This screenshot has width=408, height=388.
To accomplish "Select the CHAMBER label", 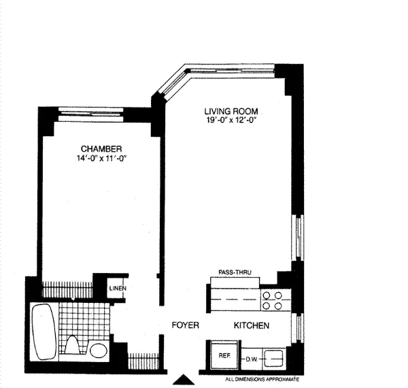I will coord(101,149).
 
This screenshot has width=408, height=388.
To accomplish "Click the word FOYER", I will coord(184,326).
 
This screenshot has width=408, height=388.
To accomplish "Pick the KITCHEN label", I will coord(252,326).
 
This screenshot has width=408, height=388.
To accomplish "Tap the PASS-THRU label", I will coord(235,272).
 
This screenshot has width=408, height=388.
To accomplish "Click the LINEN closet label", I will coord(118,289).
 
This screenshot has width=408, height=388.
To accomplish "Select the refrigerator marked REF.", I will coord(222,355).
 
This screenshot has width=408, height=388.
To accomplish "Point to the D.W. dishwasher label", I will coord(252,355).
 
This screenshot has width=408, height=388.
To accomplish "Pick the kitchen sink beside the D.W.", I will coord(275,355).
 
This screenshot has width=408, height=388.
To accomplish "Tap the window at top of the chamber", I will coord(95,112).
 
